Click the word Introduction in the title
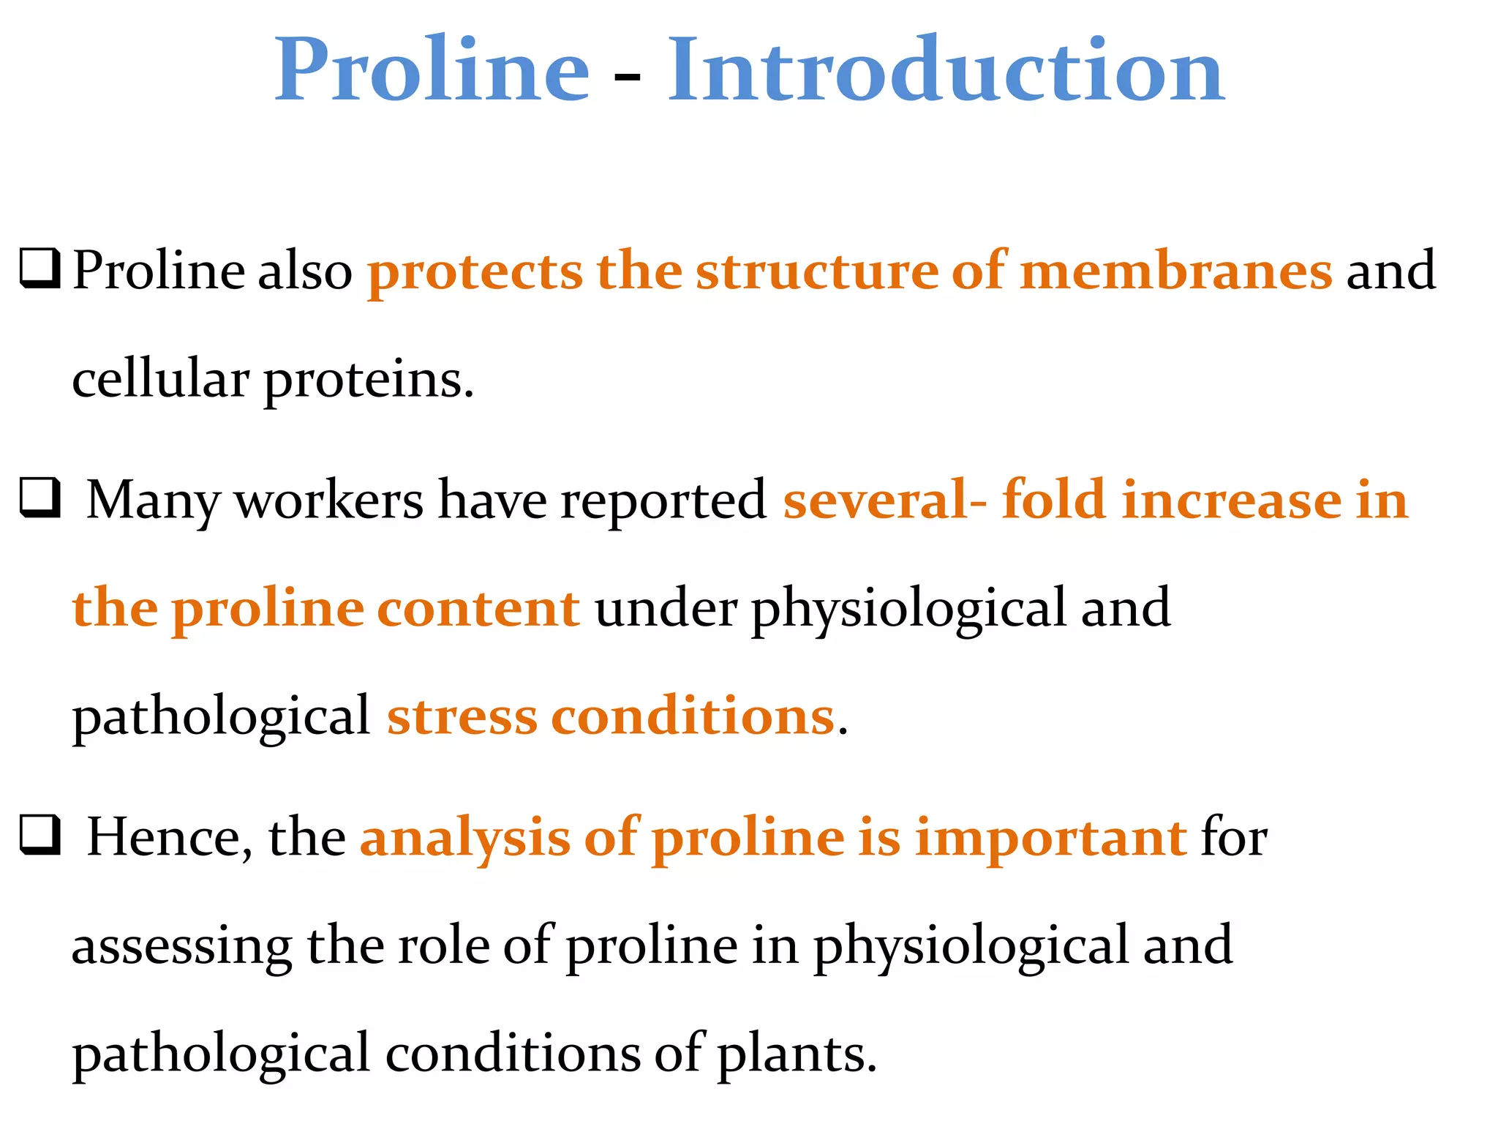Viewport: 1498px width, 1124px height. click(945, 70)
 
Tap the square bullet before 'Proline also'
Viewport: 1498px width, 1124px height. click(39, 269)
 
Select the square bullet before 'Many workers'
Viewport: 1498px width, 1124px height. click(39, 498)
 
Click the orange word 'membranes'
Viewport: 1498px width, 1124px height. click(1176, 271)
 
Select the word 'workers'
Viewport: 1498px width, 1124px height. click(328, 501)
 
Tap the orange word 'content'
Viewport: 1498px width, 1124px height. click(478, 608)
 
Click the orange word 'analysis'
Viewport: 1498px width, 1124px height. click(464, 838)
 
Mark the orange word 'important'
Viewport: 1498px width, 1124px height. click(1050, 838)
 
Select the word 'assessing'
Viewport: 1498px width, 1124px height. click(182, 946)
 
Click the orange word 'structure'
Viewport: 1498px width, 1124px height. click(816, 271)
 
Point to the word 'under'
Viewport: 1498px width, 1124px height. click(666, 608)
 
